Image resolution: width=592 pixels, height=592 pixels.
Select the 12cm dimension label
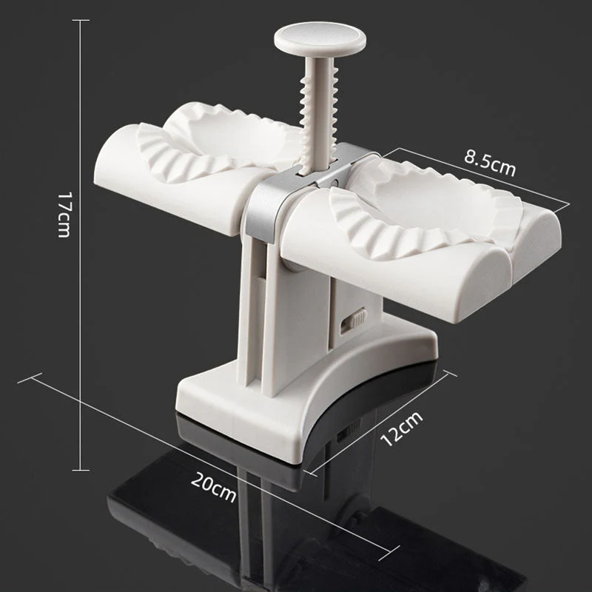click(399, 427)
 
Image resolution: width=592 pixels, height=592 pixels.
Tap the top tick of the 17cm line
click(79, 20)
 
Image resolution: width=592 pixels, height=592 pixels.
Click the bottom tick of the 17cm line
click(79, 470)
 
